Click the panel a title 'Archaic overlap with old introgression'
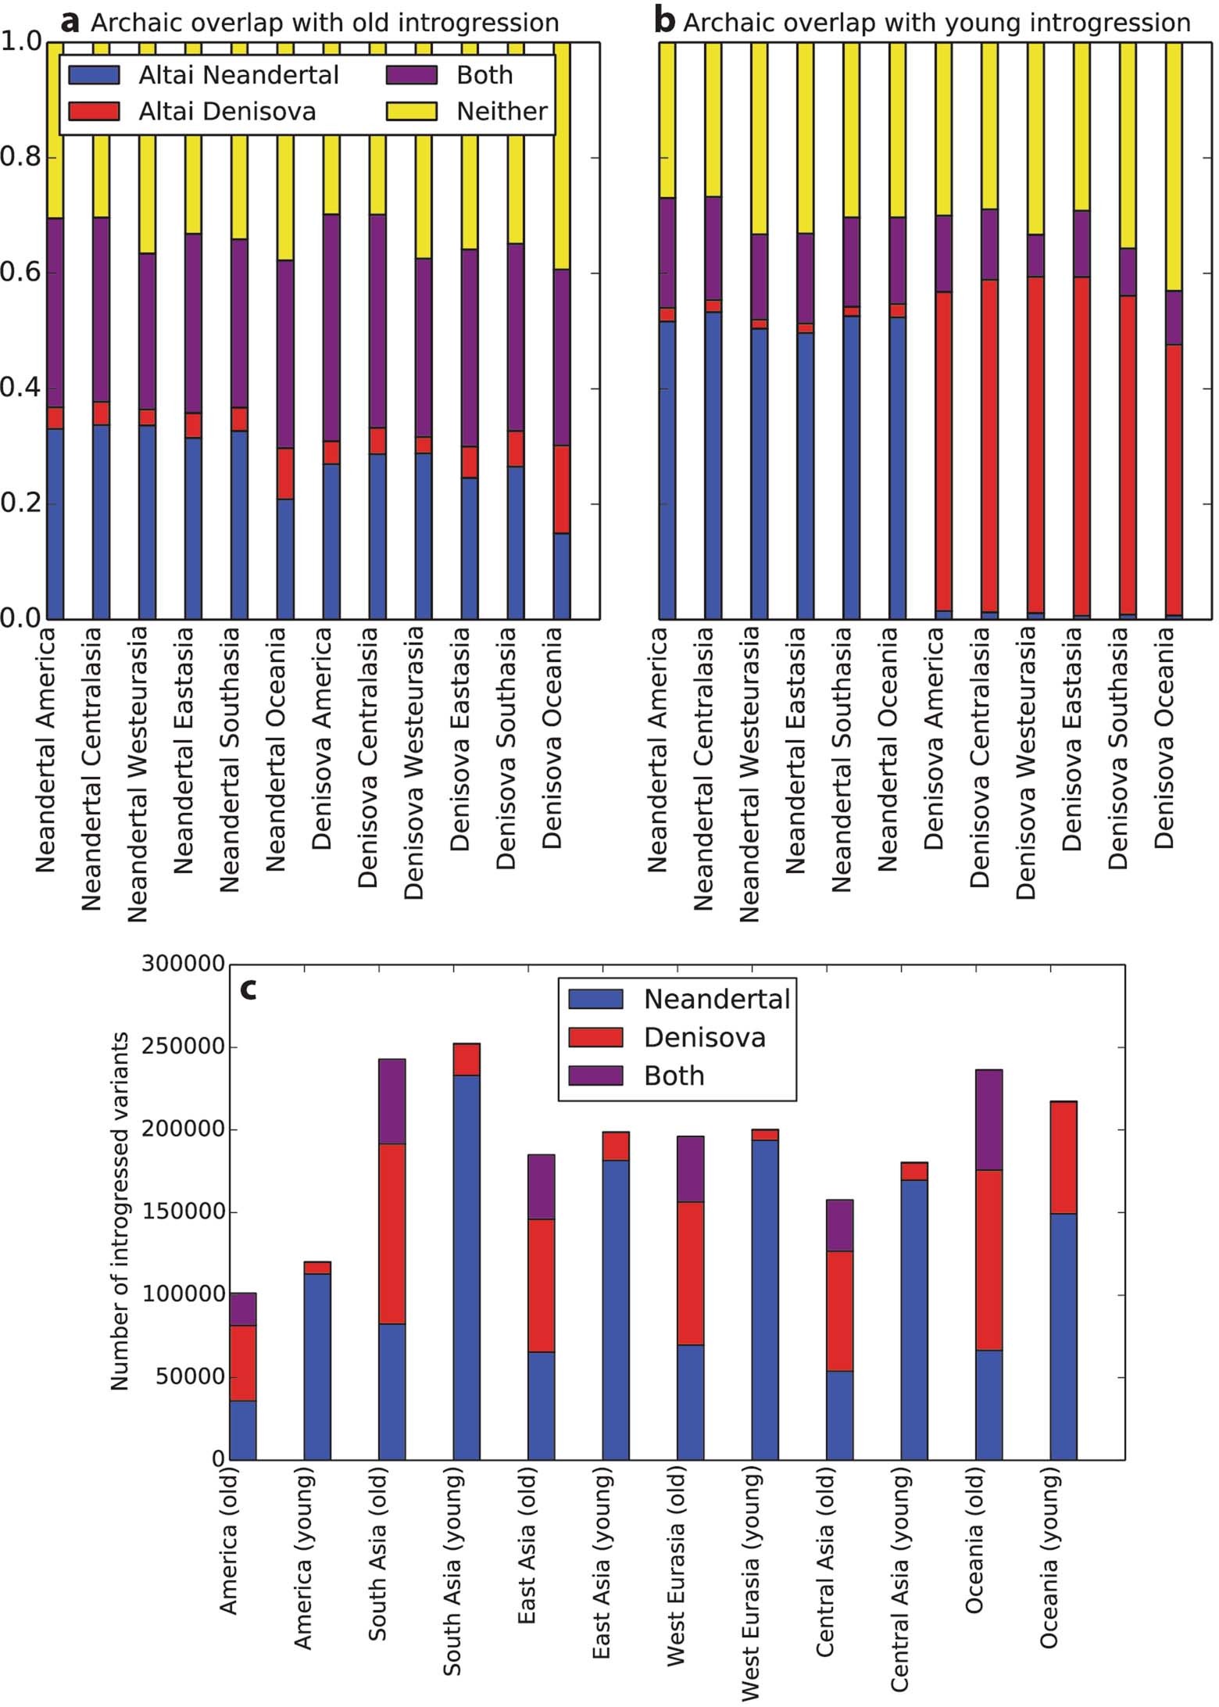click(x=324, y=23)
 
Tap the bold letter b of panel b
click(x=664, y=22)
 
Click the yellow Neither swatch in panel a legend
click(x=411, y=111)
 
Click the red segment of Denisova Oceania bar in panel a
click(x=561, y=489)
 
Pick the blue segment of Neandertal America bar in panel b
click(x=667, y=469)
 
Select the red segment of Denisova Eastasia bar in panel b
click(x=1081, y=446)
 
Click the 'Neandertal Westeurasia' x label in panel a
click(x=138, y=774)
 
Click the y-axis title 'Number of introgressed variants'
click(x=120, y=1211)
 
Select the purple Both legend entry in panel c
click(x=674, y=1076)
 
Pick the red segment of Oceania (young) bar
click(x=1063, y=1158)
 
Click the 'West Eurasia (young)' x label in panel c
click(x=750, y=1587)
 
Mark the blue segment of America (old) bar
click(x=243, y=1430)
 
